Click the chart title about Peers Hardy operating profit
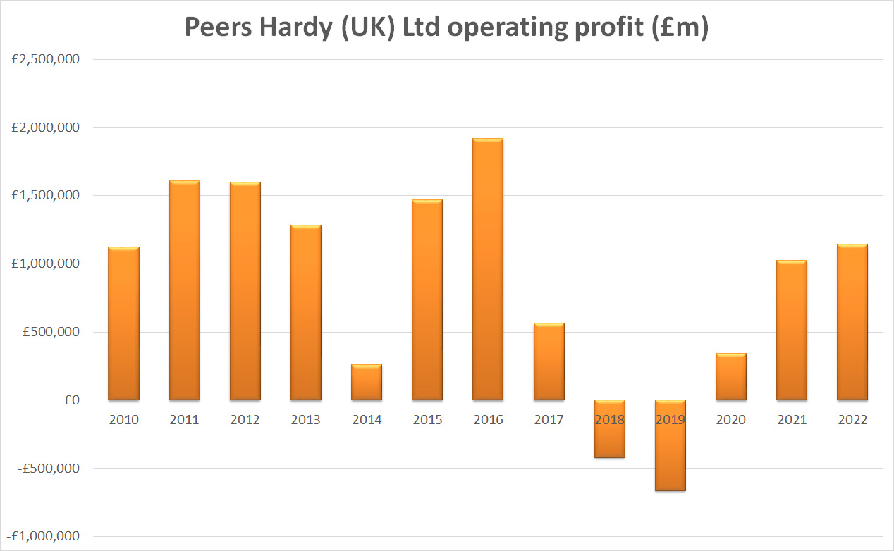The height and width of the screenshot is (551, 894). pos(446,26)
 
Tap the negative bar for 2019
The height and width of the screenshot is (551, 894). pos(670,445)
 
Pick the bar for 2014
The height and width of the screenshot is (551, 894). pos(367,383)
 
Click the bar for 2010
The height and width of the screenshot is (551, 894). pos(123,323)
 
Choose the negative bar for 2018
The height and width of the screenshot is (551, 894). pos(609,429)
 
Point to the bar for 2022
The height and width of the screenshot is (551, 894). pos(852,322)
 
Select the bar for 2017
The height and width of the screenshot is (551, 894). pos(549,361)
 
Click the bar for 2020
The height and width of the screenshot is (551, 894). pos(730,377)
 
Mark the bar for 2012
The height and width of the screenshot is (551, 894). pos(245,291)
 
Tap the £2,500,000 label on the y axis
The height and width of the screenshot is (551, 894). pos(46,60)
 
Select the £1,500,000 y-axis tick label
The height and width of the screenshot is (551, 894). pos(46,196)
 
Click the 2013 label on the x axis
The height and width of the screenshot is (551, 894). pos(306,420)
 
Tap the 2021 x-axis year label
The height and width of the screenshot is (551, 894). pos(791,420)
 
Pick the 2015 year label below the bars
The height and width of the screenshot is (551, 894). pos(427,420)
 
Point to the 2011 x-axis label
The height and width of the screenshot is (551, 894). pos(185,420)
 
